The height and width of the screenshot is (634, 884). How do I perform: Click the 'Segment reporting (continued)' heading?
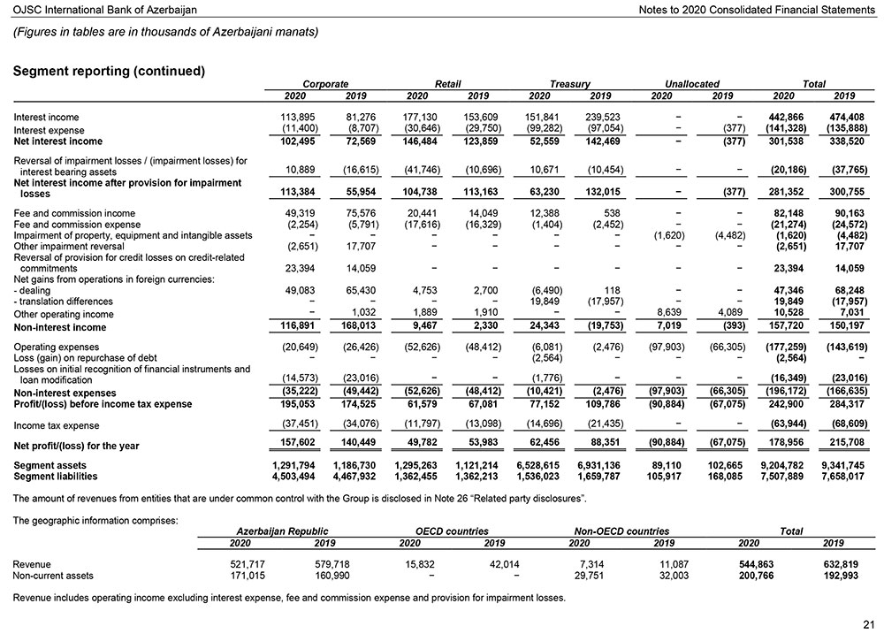coord(110,71)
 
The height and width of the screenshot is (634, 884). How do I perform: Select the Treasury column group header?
coord(569,84)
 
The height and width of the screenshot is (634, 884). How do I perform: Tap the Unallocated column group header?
coord(691,84)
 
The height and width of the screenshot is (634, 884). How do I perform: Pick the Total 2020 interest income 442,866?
coord(782,118)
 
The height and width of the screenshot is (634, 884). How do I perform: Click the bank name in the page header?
coord(105,9)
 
